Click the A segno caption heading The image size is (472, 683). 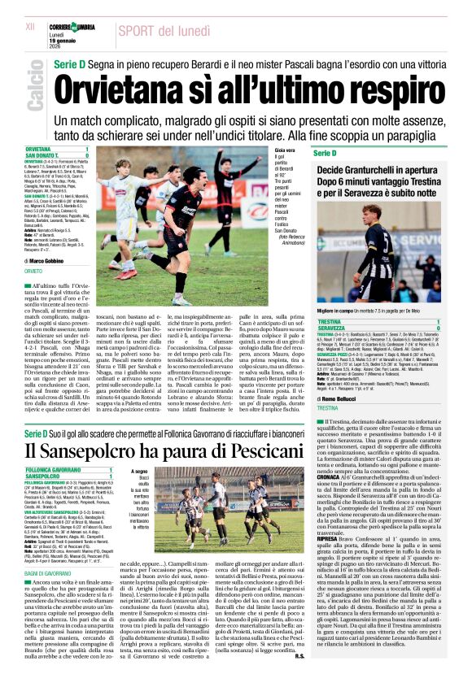click(x=139, y=470)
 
